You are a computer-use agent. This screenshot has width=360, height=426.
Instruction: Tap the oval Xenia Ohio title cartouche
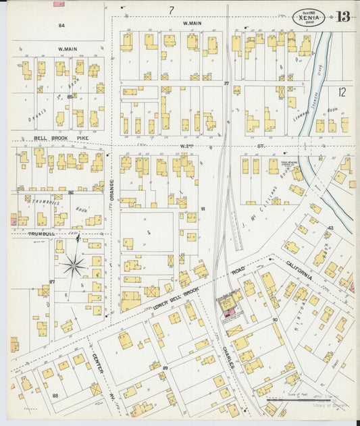[x=309, y=17]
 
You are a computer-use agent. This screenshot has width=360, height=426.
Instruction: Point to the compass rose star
[x=74, y=265]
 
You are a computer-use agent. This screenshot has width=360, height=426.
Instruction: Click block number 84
[x=61, y=25]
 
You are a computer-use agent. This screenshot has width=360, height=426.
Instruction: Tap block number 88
[x=55, y=396]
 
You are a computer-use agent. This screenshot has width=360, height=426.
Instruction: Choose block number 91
[x=202, y=209]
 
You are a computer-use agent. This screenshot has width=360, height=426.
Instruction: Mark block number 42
[x=330, y=228]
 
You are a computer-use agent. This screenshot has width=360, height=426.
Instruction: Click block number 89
[x=165, y=367]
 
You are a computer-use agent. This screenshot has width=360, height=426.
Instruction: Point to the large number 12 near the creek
[x=342, y=92]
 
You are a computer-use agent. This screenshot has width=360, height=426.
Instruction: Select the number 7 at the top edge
[x=172, y=10]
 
